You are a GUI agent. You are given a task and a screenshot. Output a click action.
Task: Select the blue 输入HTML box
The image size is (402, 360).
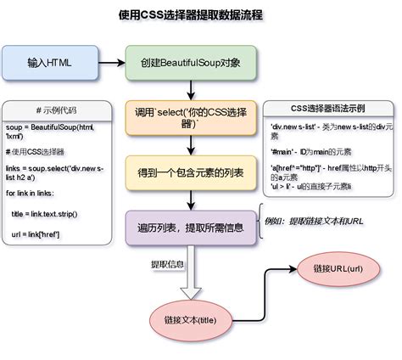click(50, 63)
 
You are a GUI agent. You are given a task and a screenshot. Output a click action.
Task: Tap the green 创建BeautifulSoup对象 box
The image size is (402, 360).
click(191, 63)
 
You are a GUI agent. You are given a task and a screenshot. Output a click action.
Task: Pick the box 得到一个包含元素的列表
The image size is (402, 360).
click(191, 172)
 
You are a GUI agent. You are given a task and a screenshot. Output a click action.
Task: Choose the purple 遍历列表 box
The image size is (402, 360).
click(191, 228)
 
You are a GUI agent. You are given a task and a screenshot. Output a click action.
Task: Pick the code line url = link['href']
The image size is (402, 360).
click(47, 233)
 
